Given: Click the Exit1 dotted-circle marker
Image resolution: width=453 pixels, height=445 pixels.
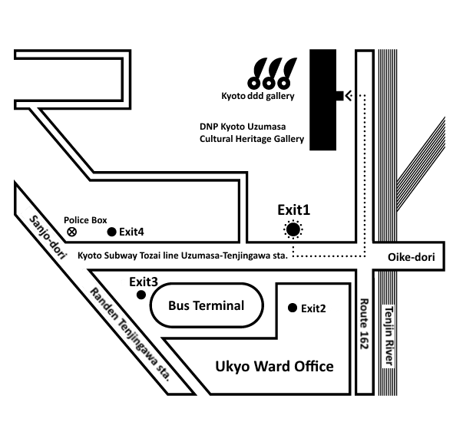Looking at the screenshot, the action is [x=293, y=230].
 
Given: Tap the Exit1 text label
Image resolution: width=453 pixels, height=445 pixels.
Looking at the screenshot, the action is [x=294, y=210].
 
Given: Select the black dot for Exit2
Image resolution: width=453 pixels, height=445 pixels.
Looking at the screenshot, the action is [x=293, y=308].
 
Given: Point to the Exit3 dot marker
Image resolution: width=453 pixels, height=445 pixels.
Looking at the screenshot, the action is [x=141, y=295].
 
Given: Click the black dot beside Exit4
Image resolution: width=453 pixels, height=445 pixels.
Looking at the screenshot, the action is [x=111, y=232].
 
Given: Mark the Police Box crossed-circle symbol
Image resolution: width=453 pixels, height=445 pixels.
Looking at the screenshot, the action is [x=71, y=232].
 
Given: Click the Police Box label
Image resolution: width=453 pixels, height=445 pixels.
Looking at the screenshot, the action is [x=85, y=220].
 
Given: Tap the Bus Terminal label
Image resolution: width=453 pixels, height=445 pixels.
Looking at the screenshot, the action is [x=207, y=305].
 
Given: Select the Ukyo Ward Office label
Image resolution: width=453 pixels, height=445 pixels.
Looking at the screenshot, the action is [x=274, y=367].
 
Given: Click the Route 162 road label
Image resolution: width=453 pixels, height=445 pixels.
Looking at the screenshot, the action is [x=365, y=324].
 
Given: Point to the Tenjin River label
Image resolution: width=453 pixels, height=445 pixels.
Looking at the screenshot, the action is [x=389, y=336].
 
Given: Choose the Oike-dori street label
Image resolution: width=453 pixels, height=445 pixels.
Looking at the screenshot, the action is [x=411, y=257].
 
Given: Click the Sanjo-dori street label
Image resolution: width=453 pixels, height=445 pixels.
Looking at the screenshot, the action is [x=48, y=237].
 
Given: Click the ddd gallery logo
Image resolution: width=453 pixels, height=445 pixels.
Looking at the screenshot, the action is [x=272, y=73].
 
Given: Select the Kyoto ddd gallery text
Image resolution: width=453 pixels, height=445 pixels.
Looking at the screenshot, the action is [x=258, y=96].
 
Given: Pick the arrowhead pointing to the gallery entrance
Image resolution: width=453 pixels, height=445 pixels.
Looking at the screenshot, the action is [x=349, y=95].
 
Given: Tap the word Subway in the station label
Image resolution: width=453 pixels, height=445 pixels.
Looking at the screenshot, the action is [x=120, y=255].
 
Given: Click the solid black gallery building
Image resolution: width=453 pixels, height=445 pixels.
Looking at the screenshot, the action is [x=323, y=100].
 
